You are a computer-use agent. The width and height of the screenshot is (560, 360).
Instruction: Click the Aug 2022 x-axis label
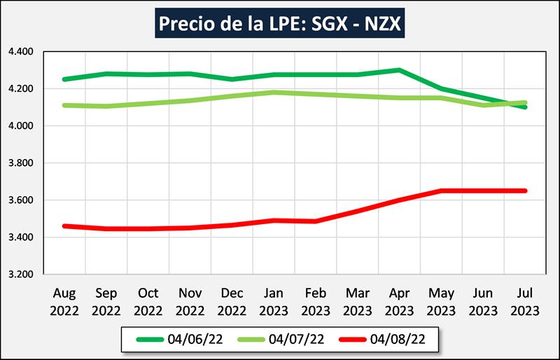(64, 301)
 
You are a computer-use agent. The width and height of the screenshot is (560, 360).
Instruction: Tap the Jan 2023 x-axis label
(274, 301)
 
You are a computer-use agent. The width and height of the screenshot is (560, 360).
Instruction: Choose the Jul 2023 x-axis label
(526, 301)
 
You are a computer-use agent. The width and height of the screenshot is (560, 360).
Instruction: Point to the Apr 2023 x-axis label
(400, 301)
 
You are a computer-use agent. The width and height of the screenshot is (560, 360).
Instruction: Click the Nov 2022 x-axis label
(190, 301)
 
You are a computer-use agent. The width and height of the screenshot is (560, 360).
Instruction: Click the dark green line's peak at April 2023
(399, 70)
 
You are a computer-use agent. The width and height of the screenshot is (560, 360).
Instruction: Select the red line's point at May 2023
(441, 191)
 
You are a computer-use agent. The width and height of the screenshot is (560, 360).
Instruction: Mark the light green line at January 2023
(274, 92)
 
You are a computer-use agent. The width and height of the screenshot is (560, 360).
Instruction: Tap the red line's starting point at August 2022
(64, 226)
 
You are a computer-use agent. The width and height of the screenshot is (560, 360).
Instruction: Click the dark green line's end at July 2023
(525, 107)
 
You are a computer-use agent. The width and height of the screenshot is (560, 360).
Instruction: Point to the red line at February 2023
(316, 221)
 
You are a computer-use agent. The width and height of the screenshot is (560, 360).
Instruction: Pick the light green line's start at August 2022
(64, 105)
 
